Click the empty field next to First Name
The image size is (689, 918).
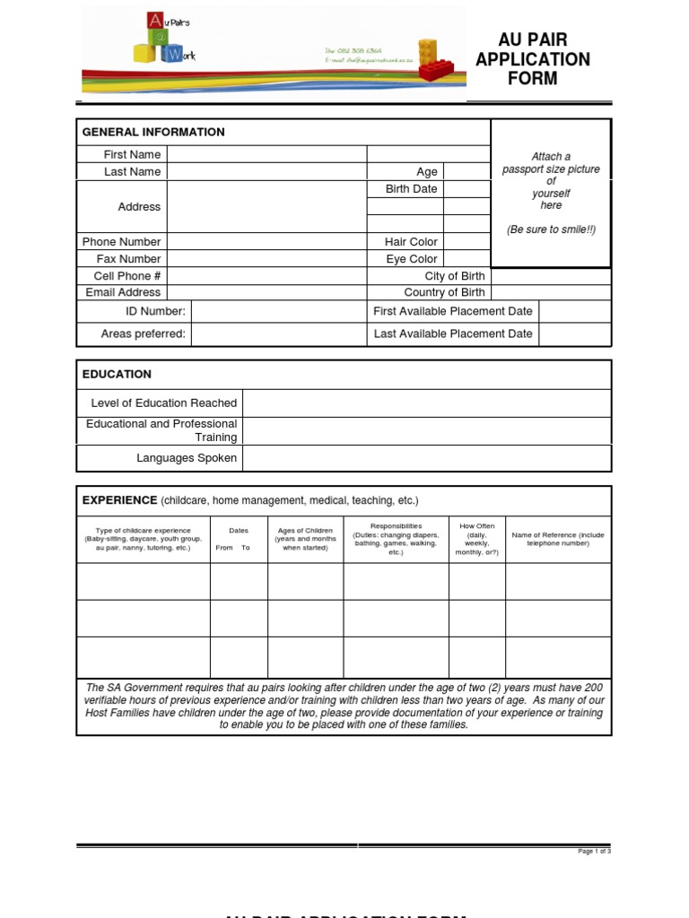tap(266, 154)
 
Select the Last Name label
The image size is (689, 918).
tap(132, 171)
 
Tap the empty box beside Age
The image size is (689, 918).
tap(467, 171)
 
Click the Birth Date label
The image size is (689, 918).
tap(411, 189)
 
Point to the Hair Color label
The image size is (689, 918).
tap(411, 242)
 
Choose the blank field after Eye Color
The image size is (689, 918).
tap(467, 259)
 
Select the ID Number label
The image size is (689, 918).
tap(155, 311)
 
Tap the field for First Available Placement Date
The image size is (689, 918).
tap(575, 311)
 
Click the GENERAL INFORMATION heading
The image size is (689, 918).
tap(153, 132)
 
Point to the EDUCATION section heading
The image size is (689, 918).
tap(117, 374)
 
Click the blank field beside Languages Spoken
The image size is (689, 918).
tap(426, 458)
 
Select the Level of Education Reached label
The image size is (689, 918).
tap(164, 403)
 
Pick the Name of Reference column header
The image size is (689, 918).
tap(558, 539)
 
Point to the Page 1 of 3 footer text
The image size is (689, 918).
tap(595, 851)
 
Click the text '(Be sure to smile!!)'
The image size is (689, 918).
tap(551, 229)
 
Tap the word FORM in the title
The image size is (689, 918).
tap(533, 79)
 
